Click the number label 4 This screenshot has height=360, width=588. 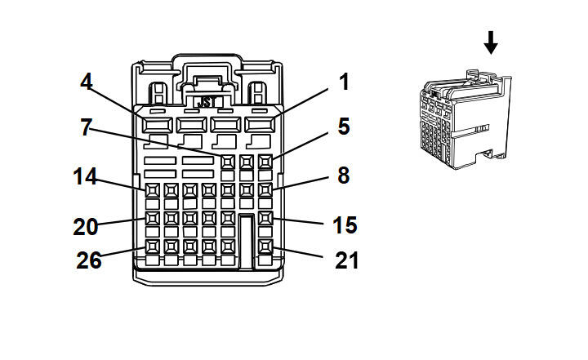(87, 82)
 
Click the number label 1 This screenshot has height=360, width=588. (344, 82)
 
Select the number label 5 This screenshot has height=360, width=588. (344, 127)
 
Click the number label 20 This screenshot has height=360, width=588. (85, 226)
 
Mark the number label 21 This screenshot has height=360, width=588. (346, 261)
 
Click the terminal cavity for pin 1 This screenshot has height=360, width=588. (261, 126)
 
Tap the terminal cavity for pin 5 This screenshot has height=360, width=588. (265, 162)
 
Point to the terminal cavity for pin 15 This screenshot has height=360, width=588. (265, 219)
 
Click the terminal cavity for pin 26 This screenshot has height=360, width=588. (153, 245)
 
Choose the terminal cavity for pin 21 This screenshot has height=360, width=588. (265, 245)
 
